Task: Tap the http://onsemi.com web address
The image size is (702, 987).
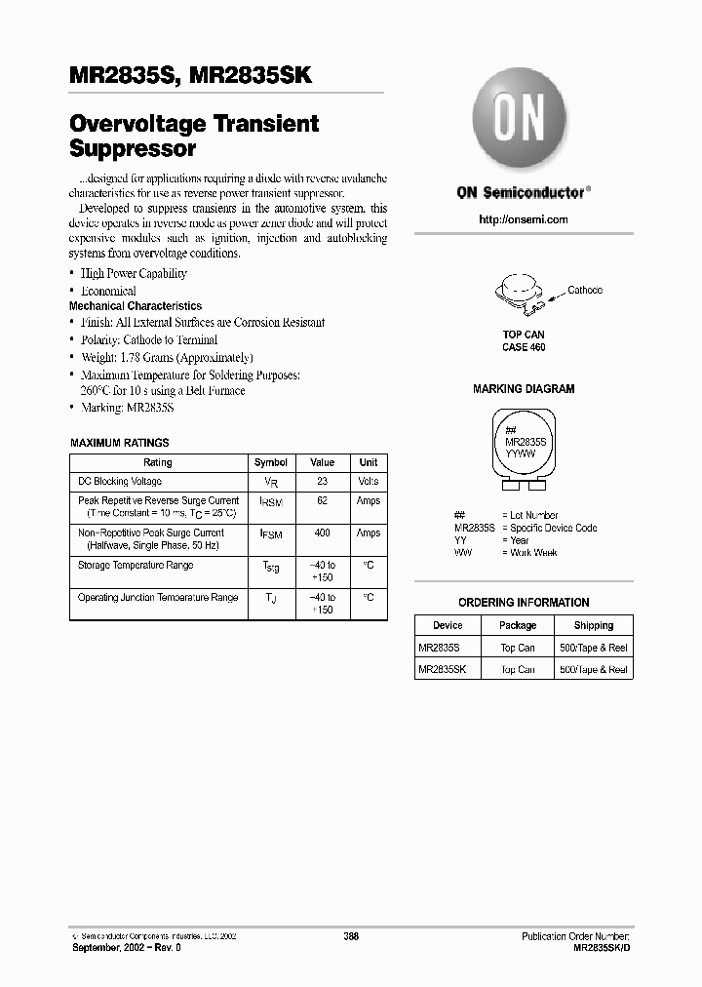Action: (524, 219)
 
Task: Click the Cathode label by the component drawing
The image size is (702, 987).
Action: (585, 290)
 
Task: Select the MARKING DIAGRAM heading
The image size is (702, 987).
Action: (524, 389)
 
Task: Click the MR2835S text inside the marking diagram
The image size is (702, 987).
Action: (526, 442)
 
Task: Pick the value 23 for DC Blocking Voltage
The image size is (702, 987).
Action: (322, 482)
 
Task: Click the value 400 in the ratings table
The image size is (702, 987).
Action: (322, 533)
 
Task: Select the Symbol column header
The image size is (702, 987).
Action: (271, 462)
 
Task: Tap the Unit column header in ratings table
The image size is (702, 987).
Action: (368, 462)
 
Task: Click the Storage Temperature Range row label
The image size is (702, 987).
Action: (136, 566)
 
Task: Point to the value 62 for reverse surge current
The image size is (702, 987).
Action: (322, 500)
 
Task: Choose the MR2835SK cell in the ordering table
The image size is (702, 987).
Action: (443, 670)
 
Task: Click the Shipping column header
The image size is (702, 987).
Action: (593, 625)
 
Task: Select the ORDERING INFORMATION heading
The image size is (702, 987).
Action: (524, 603)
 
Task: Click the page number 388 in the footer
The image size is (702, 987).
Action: (351, 935)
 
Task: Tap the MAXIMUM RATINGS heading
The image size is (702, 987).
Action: (119, 443)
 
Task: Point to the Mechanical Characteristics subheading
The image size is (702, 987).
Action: (136, 306)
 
